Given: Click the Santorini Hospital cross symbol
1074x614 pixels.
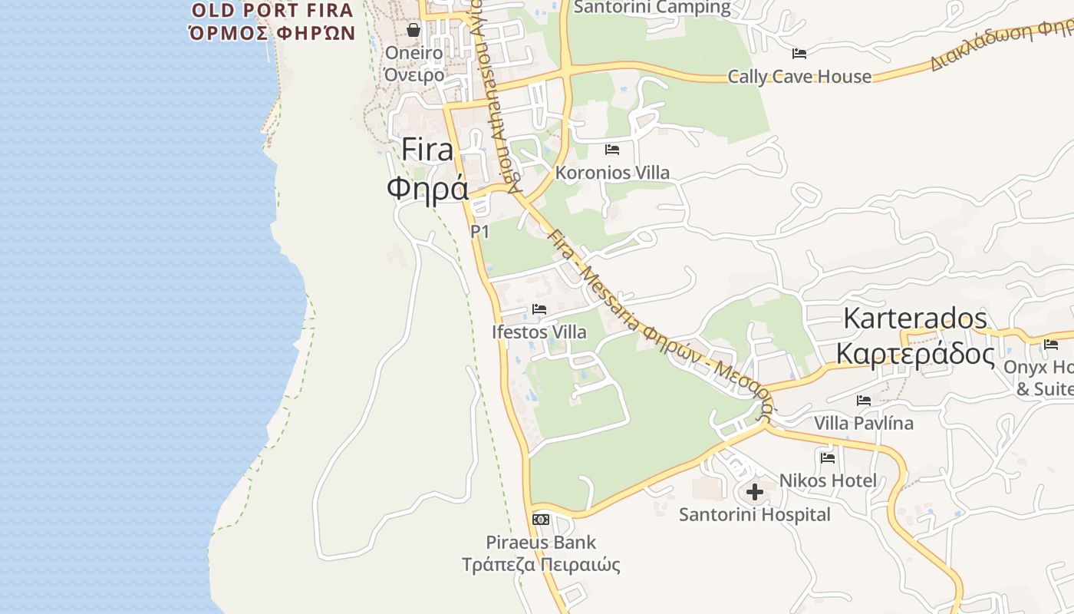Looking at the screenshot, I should [755, 492].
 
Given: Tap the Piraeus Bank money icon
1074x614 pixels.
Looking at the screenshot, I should [541, 520].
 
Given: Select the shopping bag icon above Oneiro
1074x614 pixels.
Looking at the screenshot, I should [413, 30].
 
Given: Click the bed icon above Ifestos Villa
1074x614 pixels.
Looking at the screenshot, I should [539, 309].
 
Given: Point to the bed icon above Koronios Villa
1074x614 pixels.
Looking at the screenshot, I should [611, 150].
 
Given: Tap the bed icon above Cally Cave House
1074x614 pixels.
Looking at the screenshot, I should [799, 54].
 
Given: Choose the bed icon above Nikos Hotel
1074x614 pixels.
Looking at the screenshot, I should [828, 458].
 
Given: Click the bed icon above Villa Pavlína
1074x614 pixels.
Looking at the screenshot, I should [864, 401].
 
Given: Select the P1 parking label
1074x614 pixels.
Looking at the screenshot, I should [480, 231].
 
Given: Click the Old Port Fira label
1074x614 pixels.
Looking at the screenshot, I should [272, 11].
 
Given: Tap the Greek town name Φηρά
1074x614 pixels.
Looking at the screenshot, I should [427, 188].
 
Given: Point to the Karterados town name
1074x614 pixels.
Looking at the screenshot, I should [915, 318].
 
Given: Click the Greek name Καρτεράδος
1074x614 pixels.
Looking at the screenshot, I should [915, 354].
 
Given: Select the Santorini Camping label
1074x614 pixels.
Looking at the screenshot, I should [652, 8].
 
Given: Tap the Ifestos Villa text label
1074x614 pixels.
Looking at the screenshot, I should [539, 332].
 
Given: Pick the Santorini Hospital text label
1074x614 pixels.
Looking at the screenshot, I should [755, 514].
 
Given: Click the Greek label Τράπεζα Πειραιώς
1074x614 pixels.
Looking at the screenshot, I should [541, 566].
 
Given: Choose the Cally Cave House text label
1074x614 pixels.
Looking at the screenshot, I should [799, 77].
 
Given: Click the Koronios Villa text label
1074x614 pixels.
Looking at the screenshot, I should [612, 173].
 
